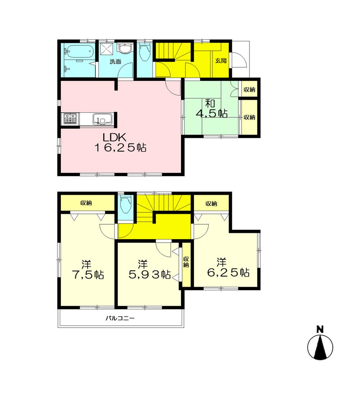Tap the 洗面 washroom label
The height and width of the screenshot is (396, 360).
115,62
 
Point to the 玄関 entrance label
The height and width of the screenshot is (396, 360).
220,61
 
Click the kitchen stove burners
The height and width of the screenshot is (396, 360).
70,118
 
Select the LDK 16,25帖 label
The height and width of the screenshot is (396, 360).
120,143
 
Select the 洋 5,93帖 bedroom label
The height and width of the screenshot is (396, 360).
149,270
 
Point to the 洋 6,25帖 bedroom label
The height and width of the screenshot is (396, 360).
227,267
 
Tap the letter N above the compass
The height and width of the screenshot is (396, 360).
319,329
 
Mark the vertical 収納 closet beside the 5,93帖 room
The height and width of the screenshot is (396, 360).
186,262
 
